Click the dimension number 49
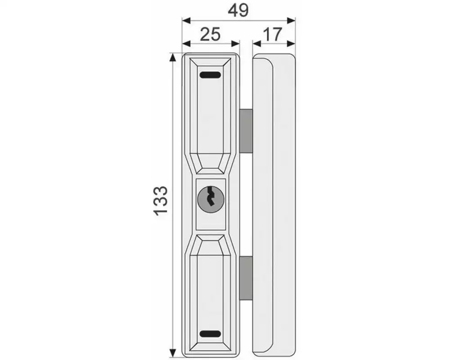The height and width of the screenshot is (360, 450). (x=238, y=11)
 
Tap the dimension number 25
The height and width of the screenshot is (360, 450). (x=210, y=34)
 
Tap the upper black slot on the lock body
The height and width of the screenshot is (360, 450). (x=210, y=75)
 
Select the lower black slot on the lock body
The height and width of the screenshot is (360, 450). (x=210, y=334)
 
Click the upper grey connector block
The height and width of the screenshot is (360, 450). (x=246, y=131)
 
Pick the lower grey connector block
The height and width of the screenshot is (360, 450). (x=246, y=278)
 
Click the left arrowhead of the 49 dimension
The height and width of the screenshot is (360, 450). (x=187, y=20)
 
